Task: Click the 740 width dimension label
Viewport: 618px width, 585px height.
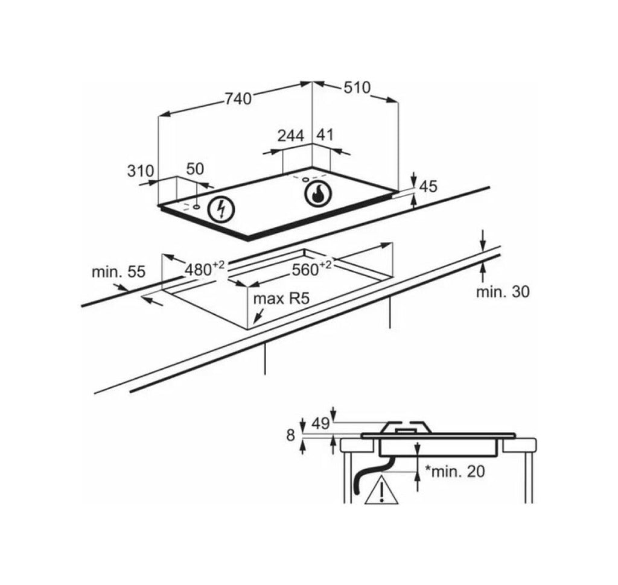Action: point(238,99)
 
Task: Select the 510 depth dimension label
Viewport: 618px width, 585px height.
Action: point(357,87)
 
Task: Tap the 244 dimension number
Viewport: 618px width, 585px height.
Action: point(291,136)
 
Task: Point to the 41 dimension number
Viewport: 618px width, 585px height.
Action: point(325,135)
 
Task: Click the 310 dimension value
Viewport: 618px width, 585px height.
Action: point(141,171)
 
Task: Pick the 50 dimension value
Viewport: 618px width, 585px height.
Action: point(195,169)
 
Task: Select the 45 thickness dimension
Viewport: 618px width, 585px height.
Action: point(428,186)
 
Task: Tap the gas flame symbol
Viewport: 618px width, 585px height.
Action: point(319,193)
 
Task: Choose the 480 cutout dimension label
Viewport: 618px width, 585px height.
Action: point(205,268)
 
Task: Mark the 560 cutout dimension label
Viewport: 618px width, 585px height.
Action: point(311,268)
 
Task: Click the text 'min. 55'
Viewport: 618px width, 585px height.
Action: point(119,272)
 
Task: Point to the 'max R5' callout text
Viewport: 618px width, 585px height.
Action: point(281,299)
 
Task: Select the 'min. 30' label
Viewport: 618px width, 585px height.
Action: point(503,292)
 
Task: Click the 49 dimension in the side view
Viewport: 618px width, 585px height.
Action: point(320,423)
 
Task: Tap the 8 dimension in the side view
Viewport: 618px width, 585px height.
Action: point(290,435)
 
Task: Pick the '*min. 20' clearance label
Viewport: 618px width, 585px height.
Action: point(455,471)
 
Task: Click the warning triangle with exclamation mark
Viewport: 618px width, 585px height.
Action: point(381,490)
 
